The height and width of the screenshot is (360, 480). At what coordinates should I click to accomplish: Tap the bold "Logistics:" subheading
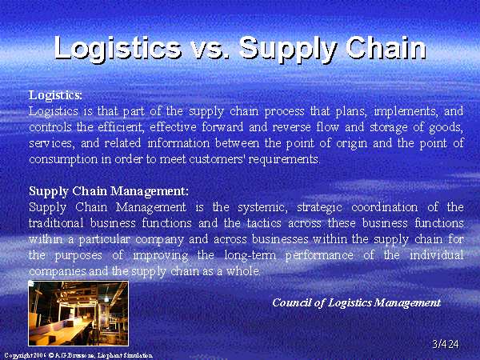coord(56,95)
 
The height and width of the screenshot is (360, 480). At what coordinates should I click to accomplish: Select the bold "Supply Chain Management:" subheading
coord(109,192)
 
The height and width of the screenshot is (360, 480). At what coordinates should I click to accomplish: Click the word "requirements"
coord(284,160)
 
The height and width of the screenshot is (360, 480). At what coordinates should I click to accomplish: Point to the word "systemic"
coord(262,208)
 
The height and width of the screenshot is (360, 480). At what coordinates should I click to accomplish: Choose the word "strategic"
coord(319,208)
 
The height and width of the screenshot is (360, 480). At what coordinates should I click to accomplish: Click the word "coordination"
coord(385,207)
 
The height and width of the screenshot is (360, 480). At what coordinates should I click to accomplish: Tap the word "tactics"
coord(264,223)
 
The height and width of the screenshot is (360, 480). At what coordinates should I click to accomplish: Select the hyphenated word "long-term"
coord(250,255)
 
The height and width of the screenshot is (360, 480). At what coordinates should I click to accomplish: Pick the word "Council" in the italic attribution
coord(293,302)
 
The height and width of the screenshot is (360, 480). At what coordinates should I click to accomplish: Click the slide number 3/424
coord(446,344)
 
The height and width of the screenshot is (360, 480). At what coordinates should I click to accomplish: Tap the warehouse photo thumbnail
coord(78,313)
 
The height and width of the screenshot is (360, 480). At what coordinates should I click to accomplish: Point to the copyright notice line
coord(78,355)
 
